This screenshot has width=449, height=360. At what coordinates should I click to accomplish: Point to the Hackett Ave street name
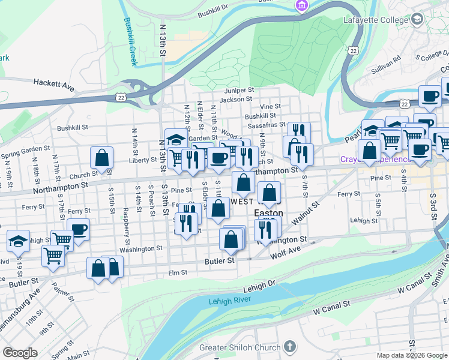point(54,85)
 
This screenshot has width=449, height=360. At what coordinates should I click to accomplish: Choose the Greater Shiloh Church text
point(240,347)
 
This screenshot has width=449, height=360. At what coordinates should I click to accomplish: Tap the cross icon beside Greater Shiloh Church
point(290,347)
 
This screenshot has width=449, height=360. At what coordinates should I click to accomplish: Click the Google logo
point(19,353)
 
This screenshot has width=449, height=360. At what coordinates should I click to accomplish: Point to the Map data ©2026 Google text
point(411,355)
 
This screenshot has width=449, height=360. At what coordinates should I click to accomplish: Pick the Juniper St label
point(240,90)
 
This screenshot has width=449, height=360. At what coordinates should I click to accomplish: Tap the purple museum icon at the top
point(301,6)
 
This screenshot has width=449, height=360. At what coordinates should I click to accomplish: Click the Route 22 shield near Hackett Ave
point(122,97)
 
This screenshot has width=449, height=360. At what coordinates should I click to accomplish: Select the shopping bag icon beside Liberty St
point(102,158)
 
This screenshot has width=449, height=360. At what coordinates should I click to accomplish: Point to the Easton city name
point(269,213)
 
